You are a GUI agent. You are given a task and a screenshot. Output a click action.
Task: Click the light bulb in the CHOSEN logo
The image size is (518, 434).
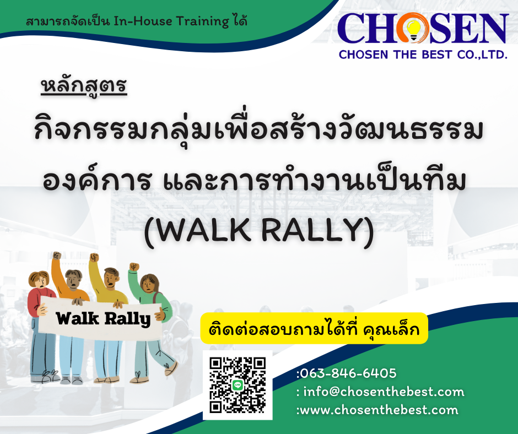413,29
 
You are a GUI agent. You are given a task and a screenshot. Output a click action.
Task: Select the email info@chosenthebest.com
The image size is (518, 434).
384,392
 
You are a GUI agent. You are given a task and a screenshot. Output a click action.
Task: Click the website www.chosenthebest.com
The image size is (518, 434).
379,410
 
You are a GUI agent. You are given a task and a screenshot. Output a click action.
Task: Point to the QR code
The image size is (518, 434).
238,385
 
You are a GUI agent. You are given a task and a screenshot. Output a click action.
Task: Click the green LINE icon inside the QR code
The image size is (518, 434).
238,385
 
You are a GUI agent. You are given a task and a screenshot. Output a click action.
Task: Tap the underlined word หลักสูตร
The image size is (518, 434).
84,86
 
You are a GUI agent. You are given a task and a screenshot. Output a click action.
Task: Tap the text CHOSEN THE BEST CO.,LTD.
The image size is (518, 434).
423,55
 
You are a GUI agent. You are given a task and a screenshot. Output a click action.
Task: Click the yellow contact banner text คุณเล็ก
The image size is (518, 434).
391,329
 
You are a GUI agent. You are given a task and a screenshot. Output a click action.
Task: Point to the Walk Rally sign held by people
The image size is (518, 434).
100,318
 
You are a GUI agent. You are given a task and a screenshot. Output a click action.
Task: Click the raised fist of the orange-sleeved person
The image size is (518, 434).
57,256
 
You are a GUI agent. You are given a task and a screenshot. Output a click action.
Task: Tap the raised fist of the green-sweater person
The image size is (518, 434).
133,267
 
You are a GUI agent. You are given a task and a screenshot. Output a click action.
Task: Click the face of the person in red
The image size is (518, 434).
41,281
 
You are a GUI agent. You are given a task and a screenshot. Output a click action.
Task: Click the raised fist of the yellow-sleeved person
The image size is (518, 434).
94,257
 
